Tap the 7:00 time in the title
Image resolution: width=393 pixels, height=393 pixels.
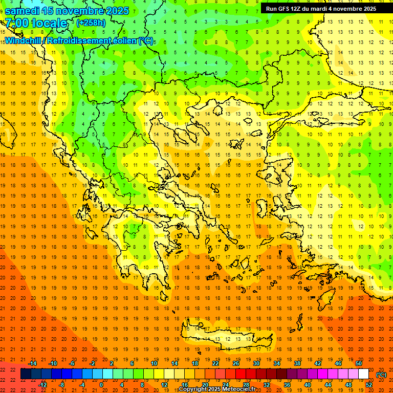pos(18,23)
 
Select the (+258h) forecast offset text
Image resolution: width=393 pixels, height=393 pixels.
pos(91,23)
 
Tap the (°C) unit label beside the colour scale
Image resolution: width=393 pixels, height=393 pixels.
pos(381,375)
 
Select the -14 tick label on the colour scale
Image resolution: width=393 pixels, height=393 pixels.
pos(32,363)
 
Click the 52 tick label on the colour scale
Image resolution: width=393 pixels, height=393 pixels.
pos(369,385)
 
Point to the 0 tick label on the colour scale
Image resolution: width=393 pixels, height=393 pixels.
pos(101,385)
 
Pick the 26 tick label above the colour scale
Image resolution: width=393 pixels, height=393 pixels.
pos(236,363)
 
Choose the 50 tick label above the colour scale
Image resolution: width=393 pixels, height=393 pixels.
pos(359,363)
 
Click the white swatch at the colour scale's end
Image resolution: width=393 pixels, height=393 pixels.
pos(364,374)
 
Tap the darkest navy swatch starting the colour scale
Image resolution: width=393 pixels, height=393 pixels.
pos(26,374)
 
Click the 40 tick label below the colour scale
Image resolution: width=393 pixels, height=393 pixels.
pos(307,385)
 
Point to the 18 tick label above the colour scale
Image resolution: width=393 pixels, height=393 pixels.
pos(195,363)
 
